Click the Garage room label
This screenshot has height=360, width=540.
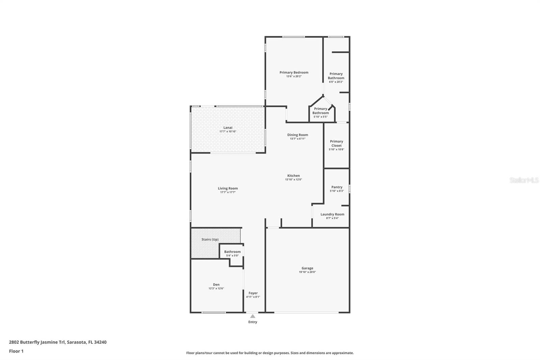307,268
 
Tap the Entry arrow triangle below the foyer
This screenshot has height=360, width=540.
252,316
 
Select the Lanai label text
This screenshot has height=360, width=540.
228,128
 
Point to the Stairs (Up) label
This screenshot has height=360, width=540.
210,239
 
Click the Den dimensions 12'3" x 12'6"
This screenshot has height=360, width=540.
216,288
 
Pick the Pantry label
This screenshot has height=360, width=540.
336,187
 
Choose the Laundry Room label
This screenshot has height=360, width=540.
332,214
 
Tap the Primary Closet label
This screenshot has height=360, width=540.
336,144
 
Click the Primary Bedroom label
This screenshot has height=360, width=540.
294,72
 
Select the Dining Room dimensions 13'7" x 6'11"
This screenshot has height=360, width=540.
297,138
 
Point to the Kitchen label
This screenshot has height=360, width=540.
293,176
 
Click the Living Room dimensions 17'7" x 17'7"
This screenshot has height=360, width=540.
227,192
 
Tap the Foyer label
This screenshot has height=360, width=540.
253,293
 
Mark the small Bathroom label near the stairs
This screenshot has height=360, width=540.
232,252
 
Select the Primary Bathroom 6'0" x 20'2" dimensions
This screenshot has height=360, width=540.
336,82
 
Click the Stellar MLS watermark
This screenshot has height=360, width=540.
524,180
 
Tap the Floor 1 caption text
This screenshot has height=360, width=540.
16,351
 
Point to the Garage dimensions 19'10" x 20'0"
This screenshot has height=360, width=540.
307,272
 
